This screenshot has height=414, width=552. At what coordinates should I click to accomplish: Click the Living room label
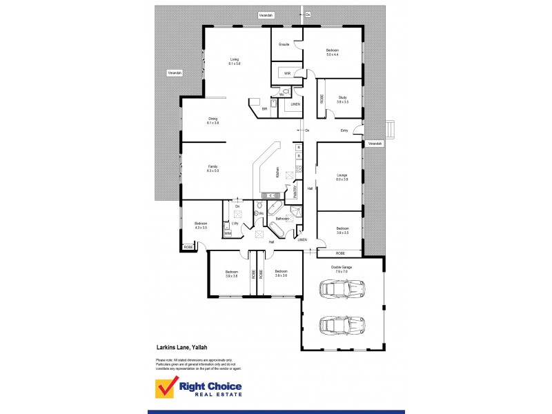click(x=235, y=61)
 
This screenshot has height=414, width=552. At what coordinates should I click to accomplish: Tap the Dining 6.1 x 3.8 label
click(x=213, y=121)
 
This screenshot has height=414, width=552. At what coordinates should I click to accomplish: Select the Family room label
click(x=213, y=168)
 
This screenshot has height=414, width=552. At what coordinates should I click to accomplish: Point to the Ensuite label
click(x=284, y=44)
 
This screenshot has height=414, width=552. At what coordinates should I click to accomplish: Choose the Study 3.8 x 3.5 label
click(x=342, y=100)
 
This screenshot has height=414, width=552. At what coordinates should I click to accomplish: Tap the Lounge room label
click(x=342, y=177)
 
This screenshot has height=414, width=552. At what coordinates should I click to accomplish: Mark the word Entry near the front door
click(x=344, y=130)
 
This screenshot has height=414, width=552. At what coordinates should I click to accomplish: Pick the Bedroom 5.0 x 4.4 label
click(x=333, y=52)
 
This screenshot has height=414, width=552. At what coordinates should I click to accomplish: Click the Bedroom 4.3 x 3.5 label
click(x=201, y=226)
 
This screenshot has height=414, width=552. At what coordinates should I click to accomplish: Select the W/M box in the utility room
click(x=227, y=233)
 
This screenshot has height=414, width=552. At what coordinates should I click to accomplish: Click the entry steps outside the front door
click(x=391, y=130)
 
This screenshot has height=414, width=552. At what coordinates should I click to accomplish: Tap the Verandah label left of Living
click(x=175, y=73)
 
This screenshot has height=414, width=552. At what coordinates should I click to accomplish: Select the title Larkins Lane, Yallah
click(x=182, y=348)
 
